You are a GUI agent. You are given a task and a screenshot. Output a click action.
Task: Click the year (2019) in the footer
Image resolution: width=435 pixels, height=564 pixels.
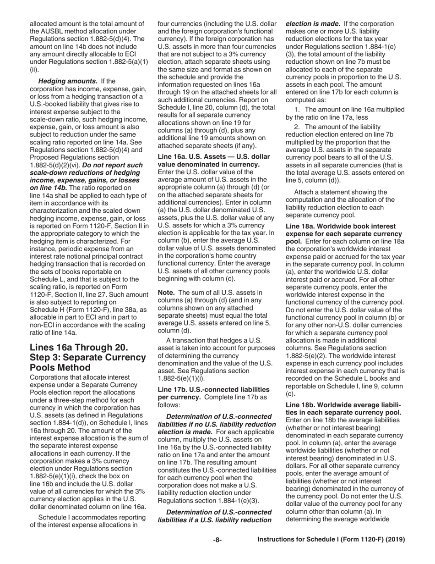pos(396,540)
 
